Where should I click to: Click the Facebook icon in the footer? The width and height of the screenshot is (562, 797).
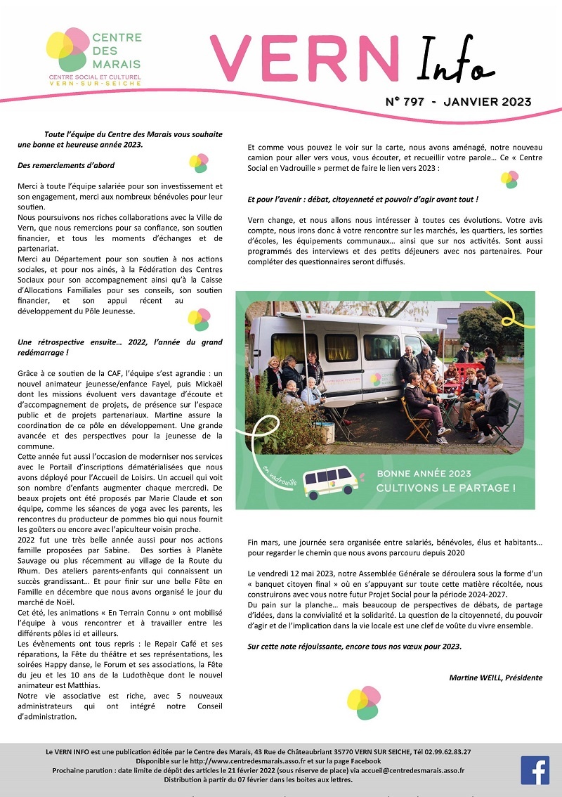tap(535, 770)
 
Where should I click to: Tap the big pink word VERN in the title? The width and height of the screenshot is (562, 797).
tap(306, 58)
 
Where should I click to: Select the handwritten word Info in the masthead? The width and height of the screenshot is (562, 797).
tap(450, 59)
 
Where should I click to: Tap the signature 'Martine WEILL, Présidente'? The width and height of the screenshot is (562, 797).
tap(495, 678)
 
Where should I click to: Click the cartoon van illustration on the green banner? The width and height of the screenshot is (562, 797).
tap(331, 481)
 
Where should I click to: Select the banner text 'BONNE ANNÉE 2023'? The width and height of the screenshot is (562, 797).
tap(424, 474)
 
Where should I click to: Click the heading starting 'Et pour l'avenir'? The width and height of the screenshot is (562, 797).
tap(362, 200)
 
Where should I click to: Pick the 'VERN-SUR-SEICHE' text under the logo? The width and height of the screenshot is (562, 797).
tap(94, 83)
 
